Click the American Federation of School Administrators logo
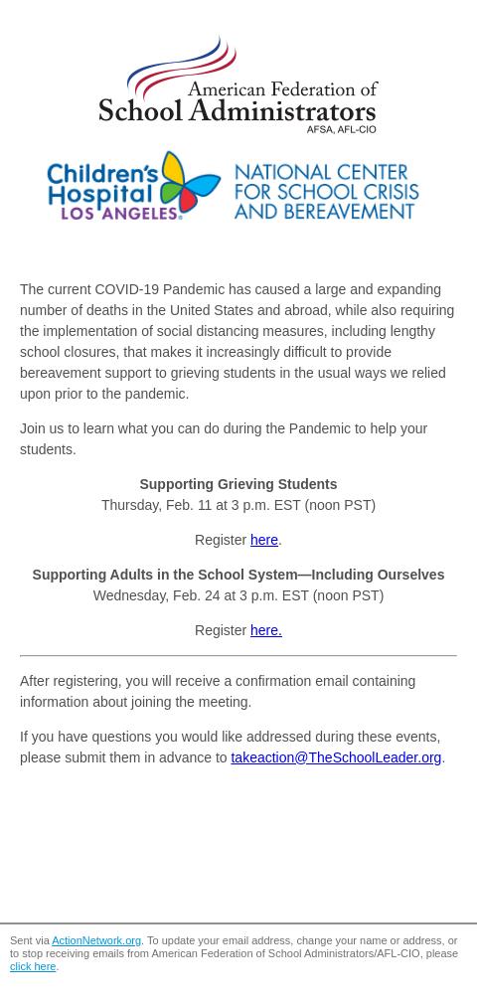[x=238, y=85]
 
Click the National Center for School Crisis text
[x=326, y=192]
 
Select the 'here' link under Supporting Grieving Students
[x=263, y=540]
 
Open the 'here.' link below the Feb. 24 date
[x=265, y=630]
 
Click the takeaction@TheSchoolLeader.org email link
[x=336, y=757]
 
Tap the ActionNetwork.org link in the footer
[x=96, y=940]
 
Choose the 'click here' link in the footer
[x=33, y=966]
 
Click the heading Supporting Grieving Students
[x=238, y=484]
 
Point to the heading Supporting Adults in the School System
[x=238, y=575]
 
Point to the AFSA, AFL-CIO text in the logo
[x=341, y=128]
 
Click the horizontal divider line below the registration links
[x=238, y=655]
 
